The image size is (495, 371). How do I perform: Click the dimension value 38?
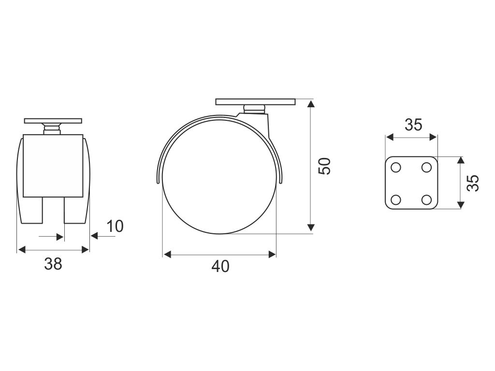[53, 264]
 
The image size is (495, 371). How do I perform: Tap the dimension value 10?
[115, 226]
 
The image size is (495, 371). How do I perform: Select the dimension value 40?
[220, 267]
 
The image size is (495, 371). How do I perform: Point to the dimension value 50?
[324, 166]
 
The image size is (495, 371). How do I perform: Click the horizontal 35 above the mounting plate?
[414, 125]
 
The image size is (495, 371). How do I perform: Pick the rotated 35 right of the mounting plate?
[473, 183]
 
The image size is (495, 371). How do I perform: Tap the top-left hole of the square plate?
[395, 167]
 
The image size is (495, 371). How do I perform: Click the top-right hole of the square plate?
[426, 167]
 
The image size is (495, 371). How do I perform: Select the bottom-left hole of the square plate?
[395, 200]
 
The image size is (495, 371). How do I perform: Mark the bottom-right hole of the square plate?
[426, 200]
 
